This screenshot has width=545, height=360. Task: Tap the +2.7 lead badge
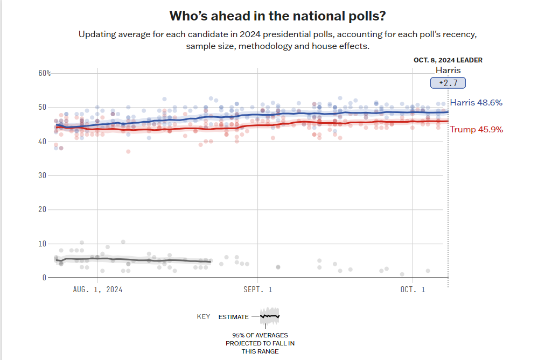click(x=448, y=83)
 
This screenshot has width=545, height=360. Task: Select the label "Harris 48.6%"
click(x=476, y=102)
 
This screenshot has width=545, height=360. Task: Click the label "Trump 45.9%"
click(x=476, y=129)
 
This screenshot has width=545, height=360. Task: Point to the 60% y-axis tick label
click(x=44, y=73)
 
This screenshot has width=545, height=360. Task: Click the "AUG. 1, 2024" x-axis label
click(x=97, y=290)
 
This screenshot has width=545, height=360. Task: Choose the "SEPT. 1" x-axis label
click(x=257, y=290)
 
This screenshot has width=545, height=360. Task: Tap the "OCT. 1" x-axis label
click(x=413, y=290)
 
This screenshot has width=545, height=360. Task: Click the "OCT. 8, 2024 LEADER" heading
click(x=448, y=60)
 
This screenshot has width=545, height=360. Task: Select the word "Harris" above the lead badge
click(x=448, y=70)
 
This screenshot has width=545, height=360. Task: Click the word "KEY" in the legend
click(x=204, y=316)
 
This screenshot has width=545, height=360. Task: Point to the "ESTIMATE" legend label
click(x=234, y=317)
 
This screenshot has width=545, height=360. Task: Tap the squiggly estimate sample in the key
click(x=269, y=316)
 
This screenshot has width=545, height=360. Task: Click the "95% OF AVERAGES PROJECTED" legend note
click(x=260, y=343)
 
